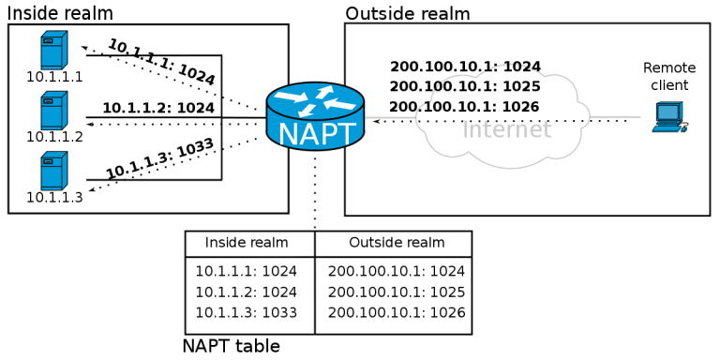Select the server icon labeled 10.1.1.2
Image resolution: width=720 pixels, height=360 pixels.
tap(53, 111)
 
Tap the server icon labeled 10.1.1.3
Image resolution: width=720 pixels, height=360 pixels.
tap(53, 171)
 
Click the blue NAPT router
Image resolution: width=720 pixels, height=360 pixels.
tap(315, 116)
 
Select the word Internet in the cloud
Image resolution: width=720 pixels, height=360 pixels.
tap(507, 129)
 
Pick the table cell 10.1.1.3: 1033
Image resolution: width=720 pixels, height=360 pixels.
tap(246, 313)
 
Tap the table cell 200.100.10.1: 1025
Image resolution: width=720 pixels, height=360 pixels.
tap(397, 292)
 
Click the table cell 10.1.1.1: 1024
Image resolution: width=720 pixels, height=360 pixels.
tap(246, 272)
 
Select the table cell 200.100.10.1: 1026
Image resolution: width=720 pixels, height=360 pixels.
tap(397, 313)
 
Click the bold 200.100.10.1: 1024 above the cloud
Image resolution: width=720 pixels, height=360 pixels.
tap(465, 67)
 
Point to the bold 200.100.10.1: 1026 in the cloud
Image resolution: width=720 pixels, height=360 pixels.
tap(464, 107)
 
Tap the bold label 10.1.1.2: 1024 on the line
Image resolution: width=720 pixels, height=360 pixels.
tap(158, 108)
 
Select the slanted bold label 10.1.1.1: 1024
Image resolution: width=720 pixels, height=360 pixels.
tap(161, 62)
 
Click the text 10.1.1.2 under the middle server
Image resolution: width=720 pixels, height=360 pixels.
tap(54, 137)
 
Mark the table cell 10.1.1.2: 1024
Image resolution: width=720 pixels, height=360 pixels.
tap(246, 292)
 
